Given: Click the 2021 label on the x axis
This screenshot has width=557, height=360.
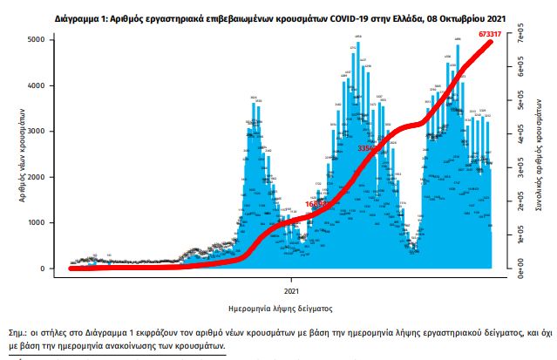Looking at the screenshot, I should (292, 289).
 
